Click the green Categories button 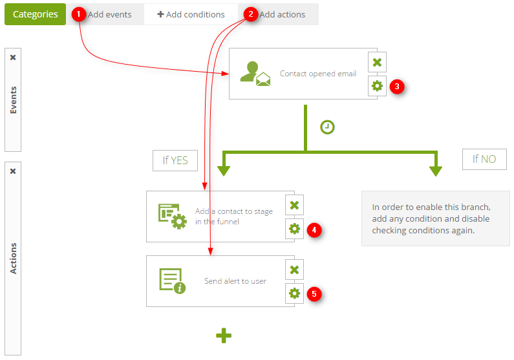point(35,14)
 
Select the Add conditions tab point(191,14)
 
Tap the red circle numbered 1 point(79,14)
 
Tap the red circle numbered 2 point(251,14)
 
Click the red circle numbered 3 point(397,87)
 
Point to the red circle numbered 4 point(314,230)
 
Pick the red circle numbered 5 point(314,294)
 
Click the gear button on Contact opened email point(377,86)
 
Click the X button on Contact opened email point(377,62)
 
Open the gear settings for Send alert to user point(294,293)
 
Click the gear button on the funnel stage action point(294,229)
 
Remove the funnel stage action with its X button point(294,205)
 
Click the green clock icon point(327,127)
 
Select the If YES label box point(175,160)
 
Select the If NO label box point(484,159)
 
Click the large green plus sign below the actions point(224,335)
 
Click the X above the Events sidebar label point(13,58)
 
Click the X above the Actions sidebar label point(13,171)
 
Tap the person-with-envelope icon point(255,74)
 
